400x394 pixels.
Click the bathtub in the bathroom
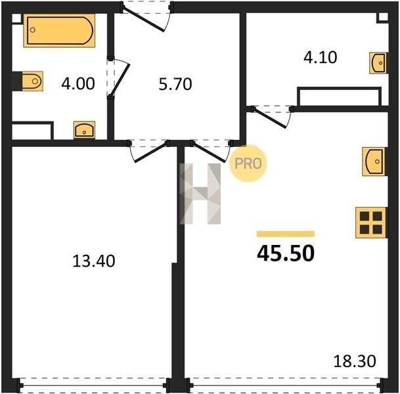click(x=59, y=31)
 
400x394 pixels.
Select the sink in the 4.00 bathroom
click(x=85, y=130)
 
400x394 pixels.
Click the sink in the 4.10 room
click(x=378, y=63)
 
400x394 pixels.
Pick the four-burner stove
click(x=371, y=223)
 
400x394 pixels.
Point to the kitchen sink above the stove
click(x=374, y=162)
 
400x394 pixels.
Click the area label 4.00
click(x=78, y=83)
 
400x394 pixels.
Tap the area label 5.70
click(x=175, y=85)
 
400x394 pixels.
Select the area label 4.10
click(x=321, y=57)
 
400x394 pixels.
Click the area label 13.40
click(x=94, y=261)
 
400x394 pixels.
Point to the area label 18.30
click(x=355, y=361)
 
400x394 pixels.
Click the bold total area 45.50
click(x=286, y=253)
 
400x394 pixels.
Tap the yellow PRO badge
click(x=248, y=164)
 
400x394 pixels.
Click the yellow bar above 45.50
click(x=286, y=234)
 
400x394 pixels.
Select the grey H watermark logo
click(x=200, y=194)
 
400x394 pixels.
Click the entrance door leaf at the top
click(x=143, y=20)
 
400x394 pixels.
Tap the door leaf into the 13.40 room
click(x=151, y=152)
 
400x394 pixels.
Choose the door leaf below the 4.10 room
click(x=270, y=118)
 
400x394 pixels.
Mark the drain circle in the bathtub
click(x=33, y=30)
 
